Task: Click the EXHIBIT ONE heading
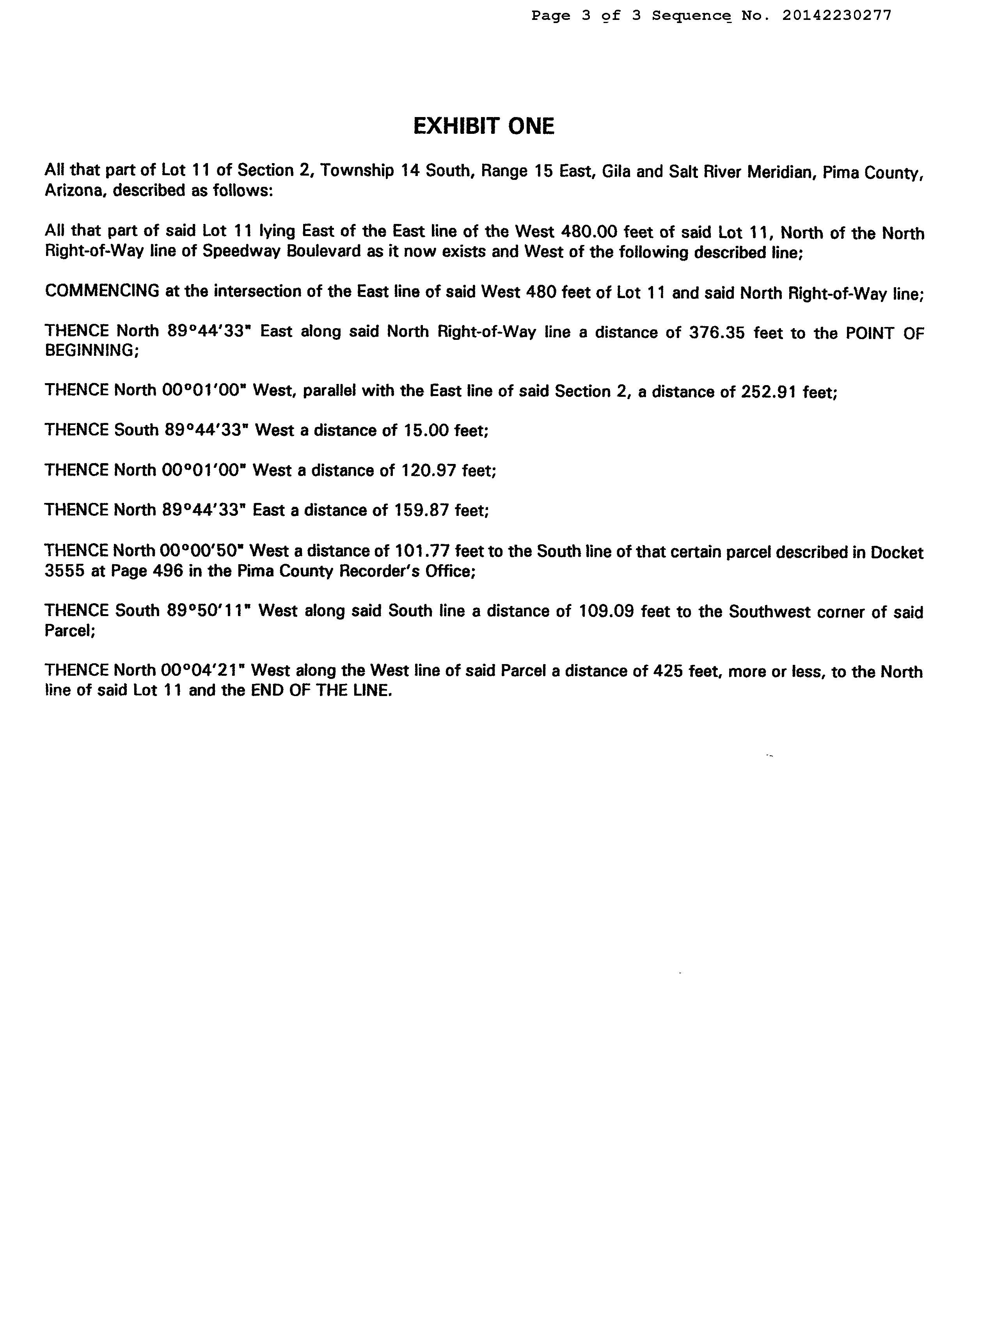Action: click(484, 126)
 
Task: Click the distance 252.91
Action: click(769, 392)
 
